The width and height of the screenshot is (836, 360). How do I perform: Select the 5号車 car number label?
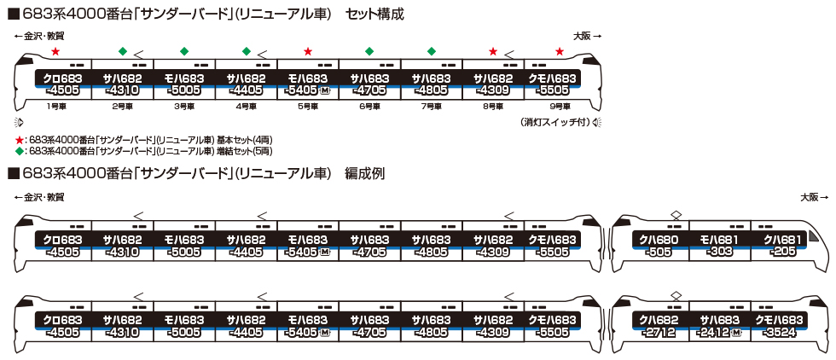[308, 107]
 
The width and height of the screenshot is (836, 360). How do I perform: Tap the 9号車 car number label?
[559, 107]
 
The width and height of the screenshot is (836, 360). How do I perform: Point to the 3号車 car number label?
[183, 107]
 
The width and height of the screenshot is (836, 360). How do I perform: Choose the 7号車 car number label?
[432, 107]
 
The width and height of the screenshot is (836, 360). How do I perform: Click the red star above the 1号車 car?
[55, 51]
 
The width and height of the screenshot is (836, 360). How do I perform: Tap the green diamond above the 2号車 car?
[122, 51]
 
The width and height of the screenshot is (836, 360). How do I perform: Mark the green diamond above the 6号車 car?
[369, 51]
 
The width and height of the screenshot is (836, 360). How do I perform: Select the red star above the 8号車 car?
[493, 51]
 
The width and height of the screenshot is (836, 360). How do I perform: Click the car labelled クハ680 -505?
[659, 245]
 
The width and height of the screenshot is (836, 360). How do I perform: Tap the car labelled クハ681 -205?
[781, 245]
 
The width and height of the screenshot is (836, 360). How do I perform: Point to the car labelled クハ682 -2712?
[659, 326]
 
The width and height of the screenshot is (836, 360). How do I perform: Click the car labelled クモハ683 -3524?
[781, 326]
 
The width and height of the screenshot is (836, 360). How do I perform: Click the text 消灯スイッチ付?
[554, 123]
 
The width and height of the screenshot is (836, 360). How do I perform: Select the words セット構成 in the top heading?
[375, 15]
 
